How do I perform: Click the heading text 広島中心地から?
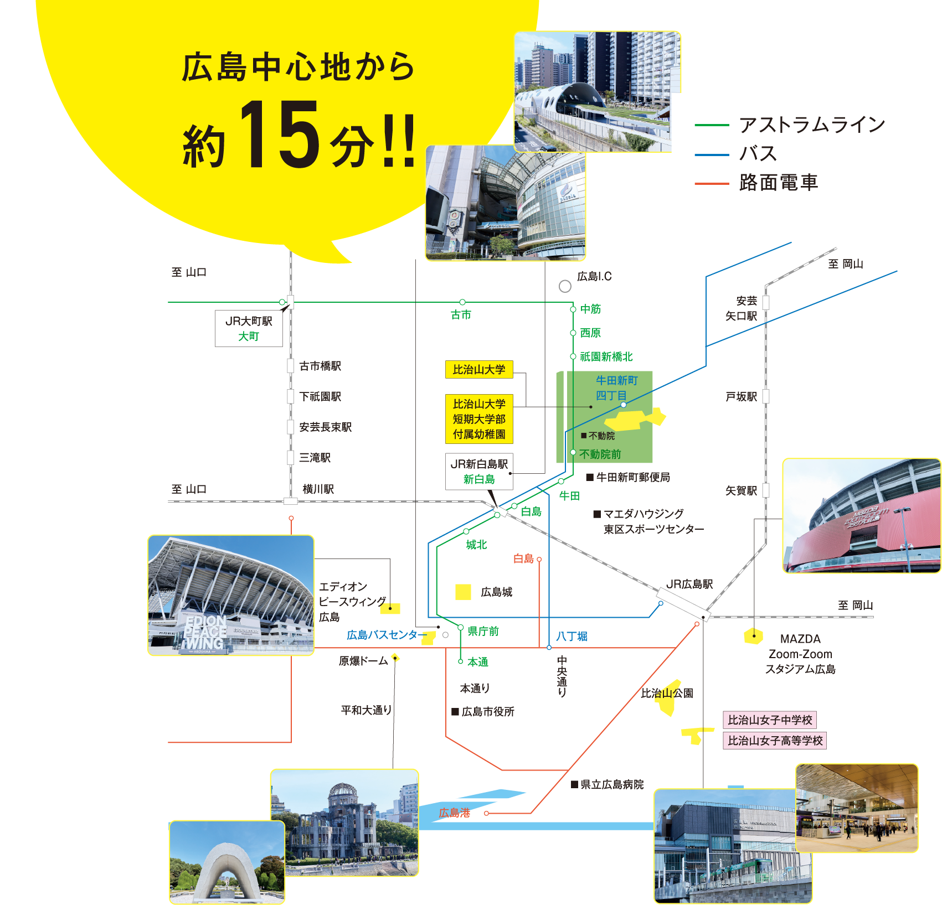(x=298, y=68)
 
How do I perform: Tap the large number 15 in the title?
(x=279, y=136)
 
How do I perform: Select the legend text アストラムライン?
(x=812, y=125)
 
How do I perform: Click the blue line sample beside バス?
(x=712, y=154)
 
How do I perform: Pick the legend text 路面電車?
(x=779, y=183)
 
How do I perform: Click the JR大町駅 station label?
(x=249, y=322)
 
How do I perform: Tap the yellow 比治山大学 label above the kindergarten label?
(x=479, y=370)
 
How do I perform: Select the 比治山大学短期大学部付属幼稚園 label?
(x=479, y=419)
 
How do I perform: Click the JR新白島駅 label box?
(x=479, y=472)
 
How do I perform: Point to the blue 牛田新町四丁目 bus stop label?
(x=616, y=387)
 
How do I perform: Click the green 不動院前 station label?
(x=600, y=454)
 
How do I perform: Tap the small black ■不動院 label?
(x=598, y=436)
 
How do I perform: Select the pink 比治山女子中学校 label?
(x=770, y=720)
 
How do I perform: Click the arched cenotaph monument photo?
(x=227, y=863)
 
